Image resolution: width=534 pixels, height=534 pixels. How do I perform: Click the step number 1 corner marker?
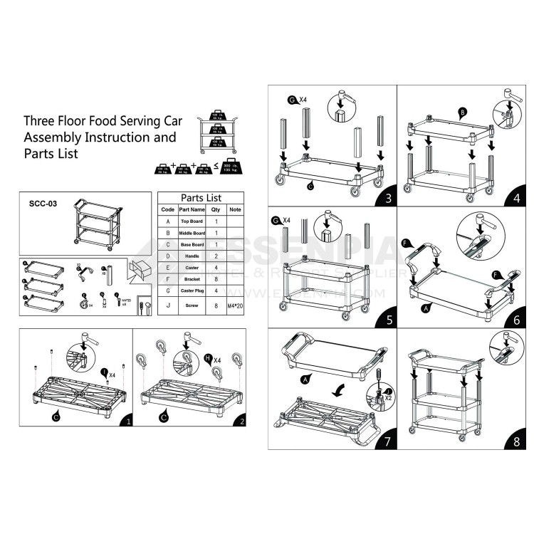[x=127, y=421]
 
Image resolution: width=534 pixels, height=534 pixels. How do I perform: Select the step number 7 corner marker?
[x=387, y=441]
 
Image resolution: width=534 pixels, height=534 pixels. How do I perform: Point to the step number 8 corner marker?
[x=515, y=441]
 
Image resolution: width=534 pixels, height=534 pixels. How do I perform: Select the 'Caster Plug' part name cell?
[x=192, y=290]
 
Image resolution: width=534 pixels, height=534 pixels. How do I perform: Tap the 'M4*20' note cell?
[x=236, y=307]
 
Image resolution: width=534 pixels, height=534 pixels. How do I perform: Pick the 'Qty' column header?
[x=216, y=210]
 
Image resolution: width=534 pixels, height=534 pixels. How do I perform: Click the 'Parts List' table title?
[x=201, y=197]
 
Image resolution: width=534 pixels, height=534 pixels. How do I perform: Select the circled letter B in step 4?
[x=463, y=112]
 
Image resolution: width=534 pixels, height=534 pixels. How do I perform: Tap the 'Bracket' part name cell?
[x=192, y=279]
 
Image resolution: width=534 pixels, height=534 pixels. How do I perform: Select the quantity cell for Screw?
[x=216, y=307]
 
